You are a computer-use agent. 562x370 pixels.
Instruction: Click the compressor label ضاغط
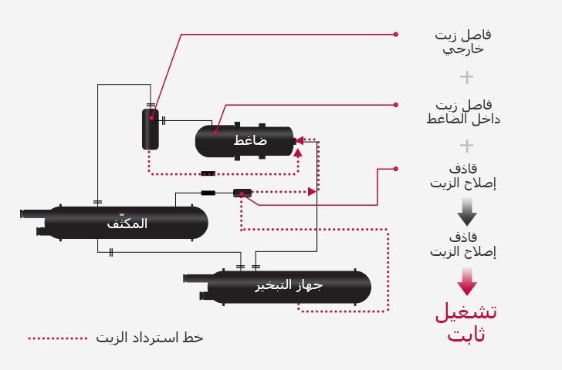click(x=251, y=141)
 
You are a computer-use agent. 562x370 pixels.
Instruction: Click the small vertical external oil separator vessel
click(x=150, y=129)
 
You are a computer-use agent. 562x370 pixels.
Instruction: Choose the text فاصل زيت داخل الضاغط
click(x=459, y=112)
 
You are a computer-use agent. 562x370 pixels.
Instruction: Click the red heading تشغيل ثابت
click(x=466, y=323)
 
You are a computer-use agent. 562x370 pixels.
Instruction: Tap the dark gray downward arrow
click(x=467, y=211)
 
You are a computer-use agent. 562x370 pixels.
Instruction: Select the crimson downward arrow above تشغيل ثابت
click(x=467, y=281)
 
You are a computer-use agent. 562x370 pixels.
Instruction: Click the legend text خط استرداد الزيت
click(x=150, y=338)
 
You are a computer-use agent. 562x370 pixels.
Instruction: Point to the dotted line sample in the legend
click(x=58, y=338)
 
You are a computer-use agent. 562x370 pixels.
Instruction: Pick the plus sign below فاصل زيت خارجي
click(x=466, y=77)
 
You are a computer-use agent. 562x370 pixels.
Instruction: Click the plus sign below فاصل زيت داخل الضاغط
click(x=466, y=146)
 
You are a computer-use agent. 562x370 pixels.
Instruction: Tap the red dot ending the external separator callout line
click(x=396, y=34)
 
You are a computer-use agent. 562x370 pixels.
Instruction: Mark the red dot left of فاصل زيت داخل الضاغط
click(x=396, y=104)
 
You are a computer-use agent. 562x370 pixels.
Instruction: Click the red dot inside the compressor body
click(x=216, y=131)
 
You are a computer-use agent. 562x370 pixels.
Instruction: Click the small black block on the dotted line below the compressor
click(x=208, y=173)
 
